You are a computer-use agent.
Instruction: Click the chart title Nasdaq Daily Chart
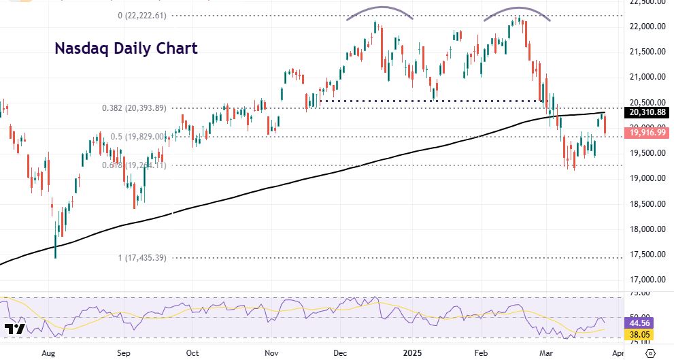[x=126, y=48]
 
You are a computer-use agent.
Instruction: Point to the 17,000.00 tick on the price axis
[x=648, y=279]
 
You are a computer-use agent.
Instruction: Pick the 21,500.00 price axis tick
[x=648, y=52]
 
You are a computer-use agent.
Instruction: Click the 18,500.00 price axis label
[x=648, y=203]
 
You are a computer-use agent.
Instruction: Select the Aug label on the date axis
[x=48, y=353]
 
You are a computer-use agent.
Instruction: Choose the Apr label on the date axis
[x=616, y=353]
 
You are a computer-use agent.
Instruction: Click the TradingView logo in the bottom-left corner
[x=15, y=330]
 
